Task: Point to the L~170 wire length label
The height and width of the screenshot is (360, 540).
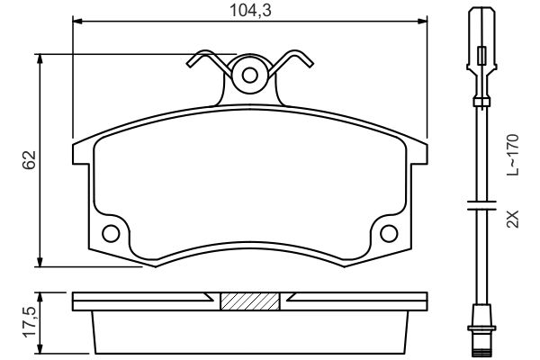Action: click(x=513, y=154)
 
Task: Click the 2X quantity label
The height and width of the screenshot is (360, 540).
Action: click(x=513, y=219)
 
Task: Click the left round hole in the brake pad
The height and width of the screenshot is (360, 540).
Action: click(x=111, y=234)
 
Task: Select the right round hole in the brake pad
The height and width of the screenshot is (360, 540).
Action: click(x=390, y=234)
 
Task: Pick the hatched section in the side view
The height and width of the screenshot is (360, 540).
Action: click(x=250, y=301)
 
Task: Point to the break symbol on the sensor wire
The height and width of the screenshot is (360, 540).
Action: click(x=482, y=207)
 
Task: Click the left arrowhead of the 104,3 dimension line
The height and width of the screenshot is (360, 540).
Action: click(x=76, y=20)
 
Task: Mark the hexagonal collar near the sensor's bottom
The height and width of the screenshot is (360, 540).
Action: click(x=482, y=318)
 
